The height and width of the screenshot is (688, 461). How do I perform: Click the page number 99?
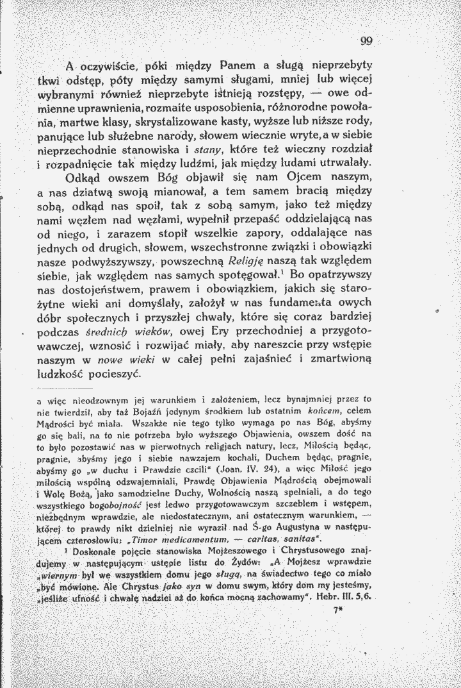pyautogui.click(x=366, y=42)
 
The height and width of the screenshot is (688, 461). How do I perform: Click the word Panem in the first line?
pyautogui.click(x=239, y=65)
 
